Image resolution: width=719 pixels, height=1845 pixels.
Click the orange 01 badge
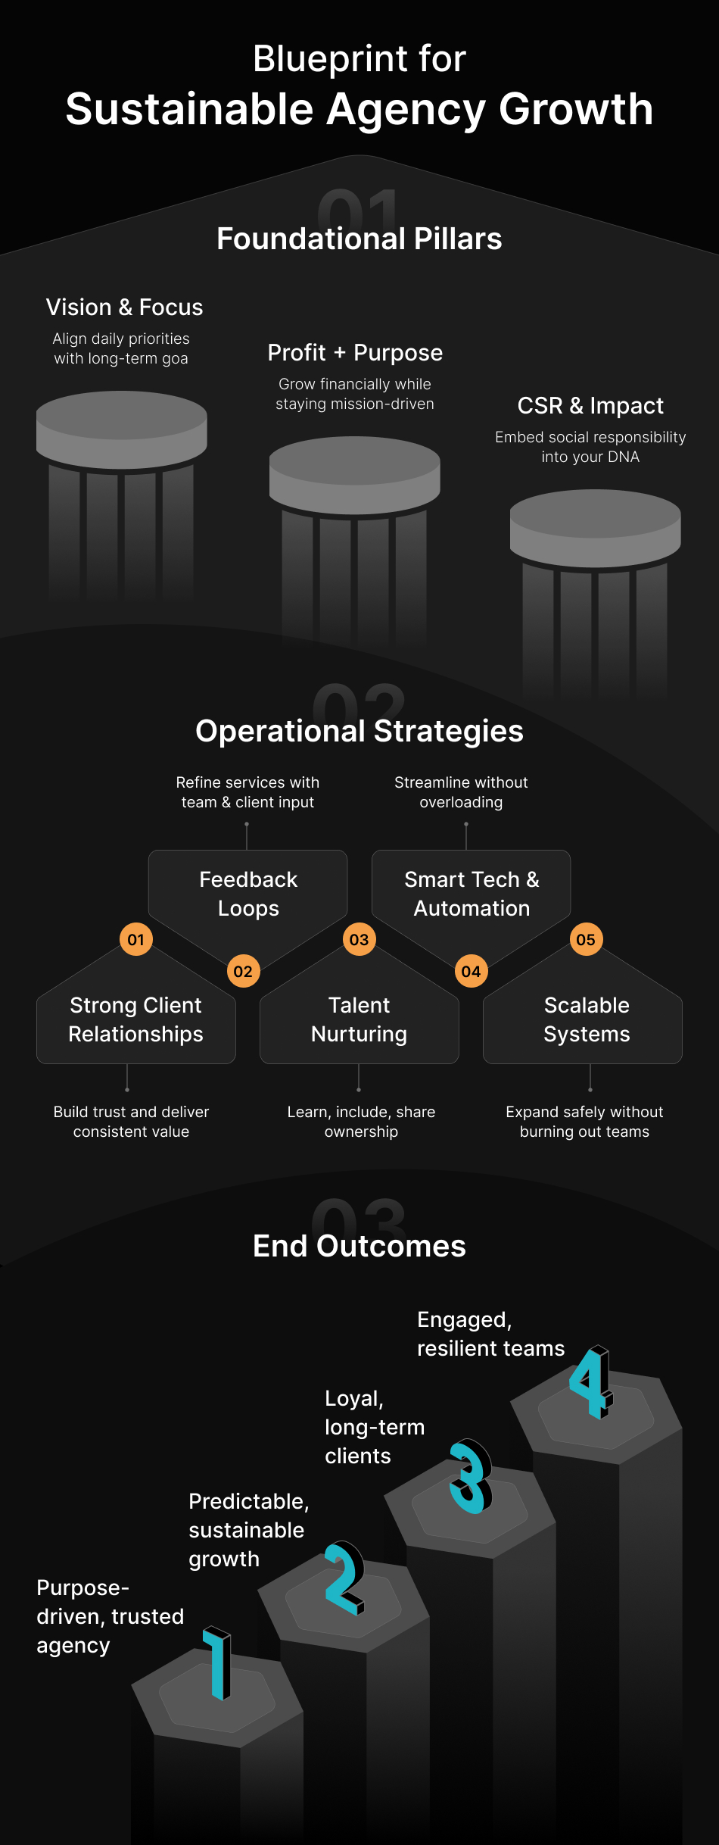click(x=136, y=940)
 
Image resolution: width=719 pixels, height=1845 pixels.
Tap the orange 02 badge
click(x=243, y=972)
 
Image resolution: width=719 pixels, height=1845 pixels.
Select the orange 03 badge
click(x=359, y=940)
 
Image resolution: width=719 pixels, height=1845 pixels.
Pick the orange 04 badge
click(x=471, y=972)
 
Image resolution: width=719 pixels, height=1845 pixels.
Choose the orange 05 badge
click(x=586, y=940)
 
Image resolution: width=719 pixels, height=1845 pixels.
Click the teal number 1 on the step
click(x=218, y=1662)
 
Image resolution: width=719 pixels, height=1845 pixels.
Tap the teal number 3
click(x=470, y=1476)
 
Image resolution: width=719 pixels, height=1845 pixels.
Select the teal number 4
click(x=591, y=1382)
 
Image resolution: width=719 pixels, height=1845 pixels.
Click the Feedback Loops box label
click(x=248, y=894)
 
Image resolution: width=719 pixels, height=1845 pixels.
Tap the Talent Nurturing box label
click(x=359, y=1019)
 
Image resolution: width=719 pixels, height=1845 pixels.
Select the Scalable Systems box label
click(x=587, y=1019)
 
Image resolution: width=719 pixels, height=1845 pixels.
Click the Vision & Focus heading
click(x=124, y=307)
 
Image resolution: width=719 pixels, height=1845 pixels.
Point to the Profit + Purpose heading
click(x=355, y=353)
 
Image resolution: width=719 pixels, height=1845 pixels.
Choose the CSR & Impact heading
click(x=590, y=406)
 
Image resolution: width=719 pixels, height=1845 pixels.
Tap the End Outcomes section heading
click(x=359, y=1246)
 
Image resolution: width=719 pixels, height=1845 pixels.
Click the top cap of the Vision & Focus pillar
click(x=122, y=416)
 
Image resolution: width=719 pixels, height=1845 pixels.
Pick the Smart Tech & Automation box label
click(x=472, y=894)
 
